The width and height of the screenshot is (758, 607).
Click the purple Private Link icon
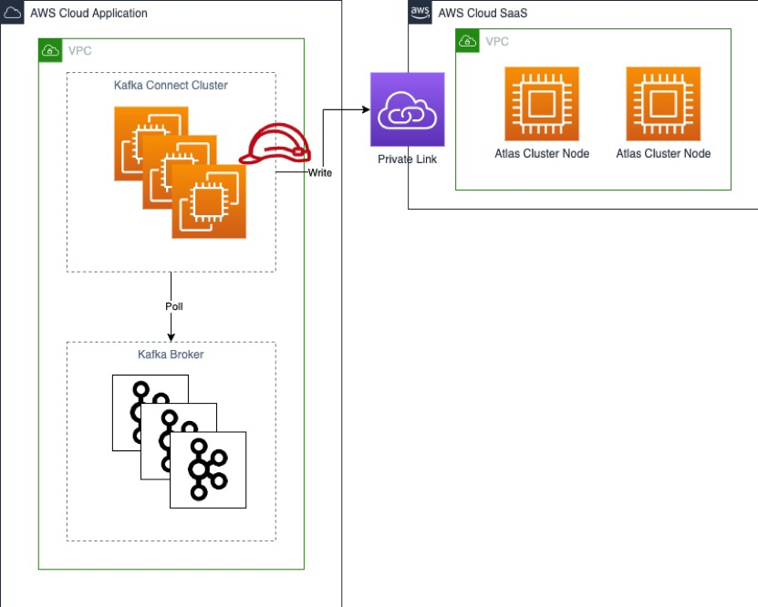click(x=407, y=109)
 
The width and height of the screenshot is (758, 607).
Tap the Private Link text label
click(x=407, y=159)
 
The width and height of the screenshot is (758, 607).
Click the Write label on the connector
click(x=319, y=172)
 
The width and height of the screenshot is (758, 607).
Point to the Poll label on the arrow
click(x=173, y=306)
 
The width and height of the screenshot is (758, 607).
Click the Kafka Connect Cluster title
click(x=171, y=86)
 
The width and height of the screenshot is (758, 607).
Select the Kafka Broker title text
click(x=171, y=355)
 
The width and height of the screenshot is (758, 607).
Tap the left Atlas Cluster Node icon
click(x=542, y=103)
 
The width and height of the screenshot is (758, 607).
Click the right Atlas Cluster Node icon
click(x=663, y=103)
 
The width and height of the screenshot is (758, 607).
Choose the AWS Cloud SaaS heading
click(x=483, y=13)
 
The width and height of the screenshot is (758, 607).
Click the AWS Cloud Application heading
click(x=88, y=14)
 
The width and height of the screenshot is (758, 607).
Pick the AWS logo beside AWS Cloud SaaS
click(x=420, y=12)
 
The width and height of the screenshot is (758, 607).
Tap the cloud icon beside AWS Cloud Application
click(x=13, y=13)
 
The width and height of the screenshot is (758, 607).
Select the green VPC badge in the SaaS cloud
click(x=467, y=40)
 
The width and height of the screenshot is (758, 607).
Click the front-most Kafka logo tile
click(x=208, y=469)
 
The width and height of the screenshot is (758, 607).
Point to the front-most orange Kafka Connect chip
click(x=208, y=201)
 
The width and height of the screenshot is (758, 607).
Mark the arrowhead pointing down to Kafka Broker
click(x=171, y=338)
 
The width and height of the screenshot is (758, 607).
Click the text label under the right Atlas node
click(x=663, y=154)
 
